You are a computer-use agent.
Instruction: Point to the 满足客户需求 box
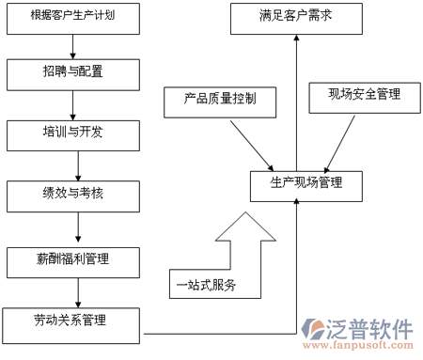point(295,18)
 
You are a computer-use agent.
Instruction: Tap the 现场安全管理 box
point(363,94)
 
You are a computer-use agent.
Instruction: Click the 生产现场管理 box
point(295,182)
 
